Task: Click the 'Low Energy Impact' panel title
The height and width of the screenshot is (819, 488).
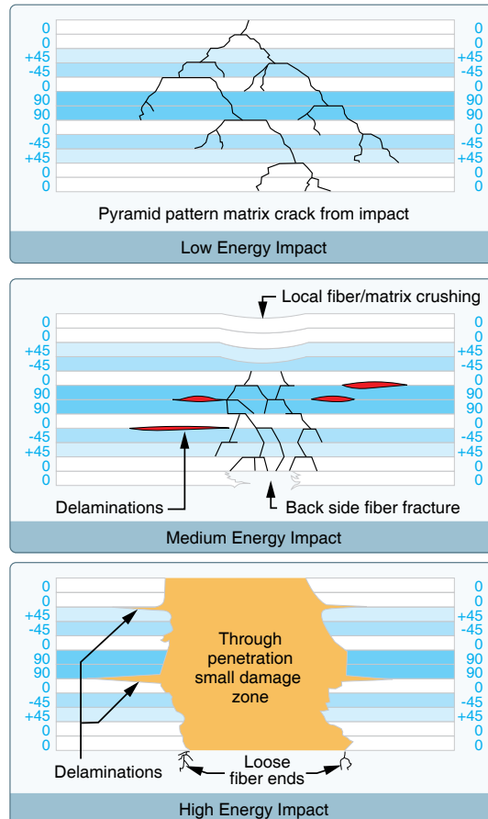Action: [254, 247]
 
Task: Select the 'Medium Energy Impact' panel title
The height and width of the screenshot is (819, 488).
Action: [254, 537]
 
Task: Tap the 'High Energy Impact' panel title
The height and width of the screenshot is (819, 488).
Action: [254, 809]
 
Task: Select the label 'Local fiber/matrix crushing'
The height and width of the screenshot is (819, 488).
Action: [381, 297]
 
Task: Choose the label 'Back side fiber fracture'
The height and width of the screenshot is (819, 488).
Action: [372, 507]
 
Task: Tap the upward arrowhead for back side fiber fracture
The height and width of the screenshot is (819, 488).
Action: [271, 489]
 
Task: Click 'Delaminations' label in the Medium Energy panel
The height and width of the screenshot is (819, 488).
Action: [109, 507]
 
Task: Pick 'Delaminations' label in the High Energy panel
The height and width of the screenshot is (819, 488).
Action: [108, 771]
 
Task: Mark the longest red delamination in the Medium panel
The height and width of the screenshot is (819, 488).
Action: [179, 428]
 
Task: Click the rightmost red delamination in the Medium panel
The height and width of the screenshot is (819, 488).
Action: [374, 385]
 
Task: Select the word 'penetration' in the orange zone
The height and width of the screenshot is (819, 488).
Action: [250, 658]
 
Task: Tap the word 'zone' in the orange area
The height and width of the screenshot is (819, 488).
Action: [250, 697]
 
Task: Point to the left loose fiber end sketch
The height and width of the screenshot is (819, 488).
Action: [184, 760]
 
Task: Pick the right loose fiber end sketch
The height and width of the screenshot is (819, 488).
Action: [346, 761]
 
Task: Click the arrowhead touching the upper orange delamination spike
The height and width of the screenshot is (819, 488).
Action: [131, 615]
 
